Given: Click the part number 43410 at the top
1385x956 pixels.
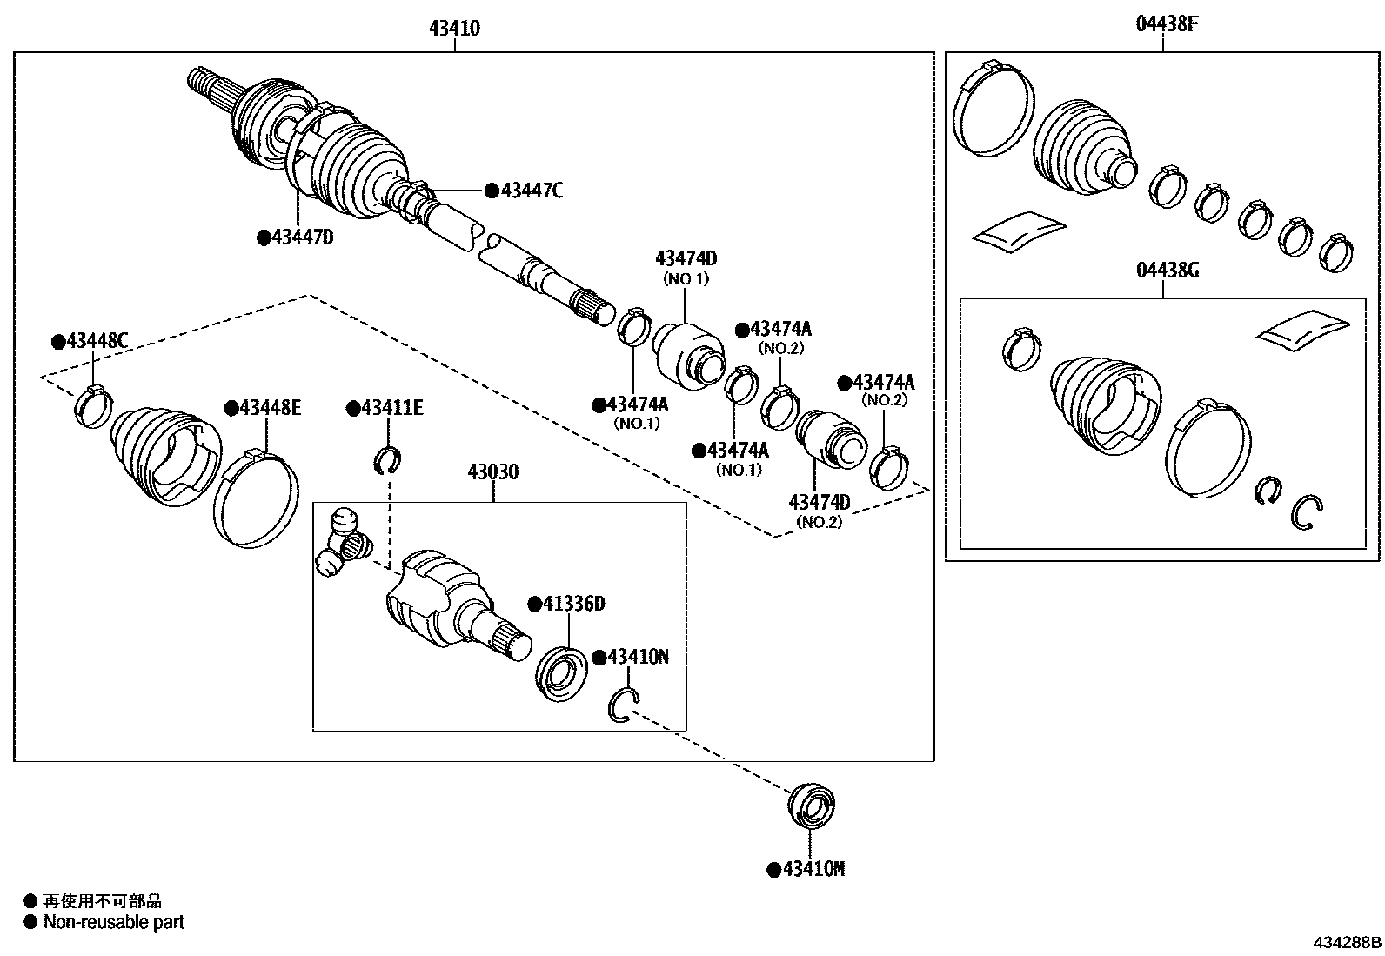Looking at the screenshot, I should click(454, 29).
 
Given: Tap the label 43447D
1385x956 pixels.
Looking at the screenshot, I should click(302, 237).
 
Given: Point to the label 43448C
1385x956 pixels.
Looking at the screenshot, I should click(96, 342).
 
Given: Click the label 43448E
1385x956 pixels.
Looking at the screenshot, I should click(270, 408).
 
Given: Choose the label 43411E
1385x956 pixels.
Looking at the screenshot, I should click(391, 408).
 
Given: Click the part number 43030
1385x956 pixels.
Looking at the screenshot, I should click(493, 472).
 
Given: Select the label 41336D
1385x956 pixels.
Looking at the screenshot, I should click(572, 604).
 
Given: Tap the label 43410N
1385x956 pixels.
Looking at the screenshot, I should click(637, 657).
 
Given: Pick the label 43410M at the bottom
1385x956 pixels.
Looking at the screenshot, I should click(813, 869).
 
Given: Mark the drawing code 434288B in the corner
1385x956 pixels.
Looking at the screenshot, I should click(1346, 942).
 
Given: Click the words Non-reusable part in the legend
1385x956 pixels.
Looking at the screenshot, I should click(114, 922).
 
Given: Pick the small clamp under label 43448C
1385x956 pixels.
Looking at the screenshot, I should click(93, 406).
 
